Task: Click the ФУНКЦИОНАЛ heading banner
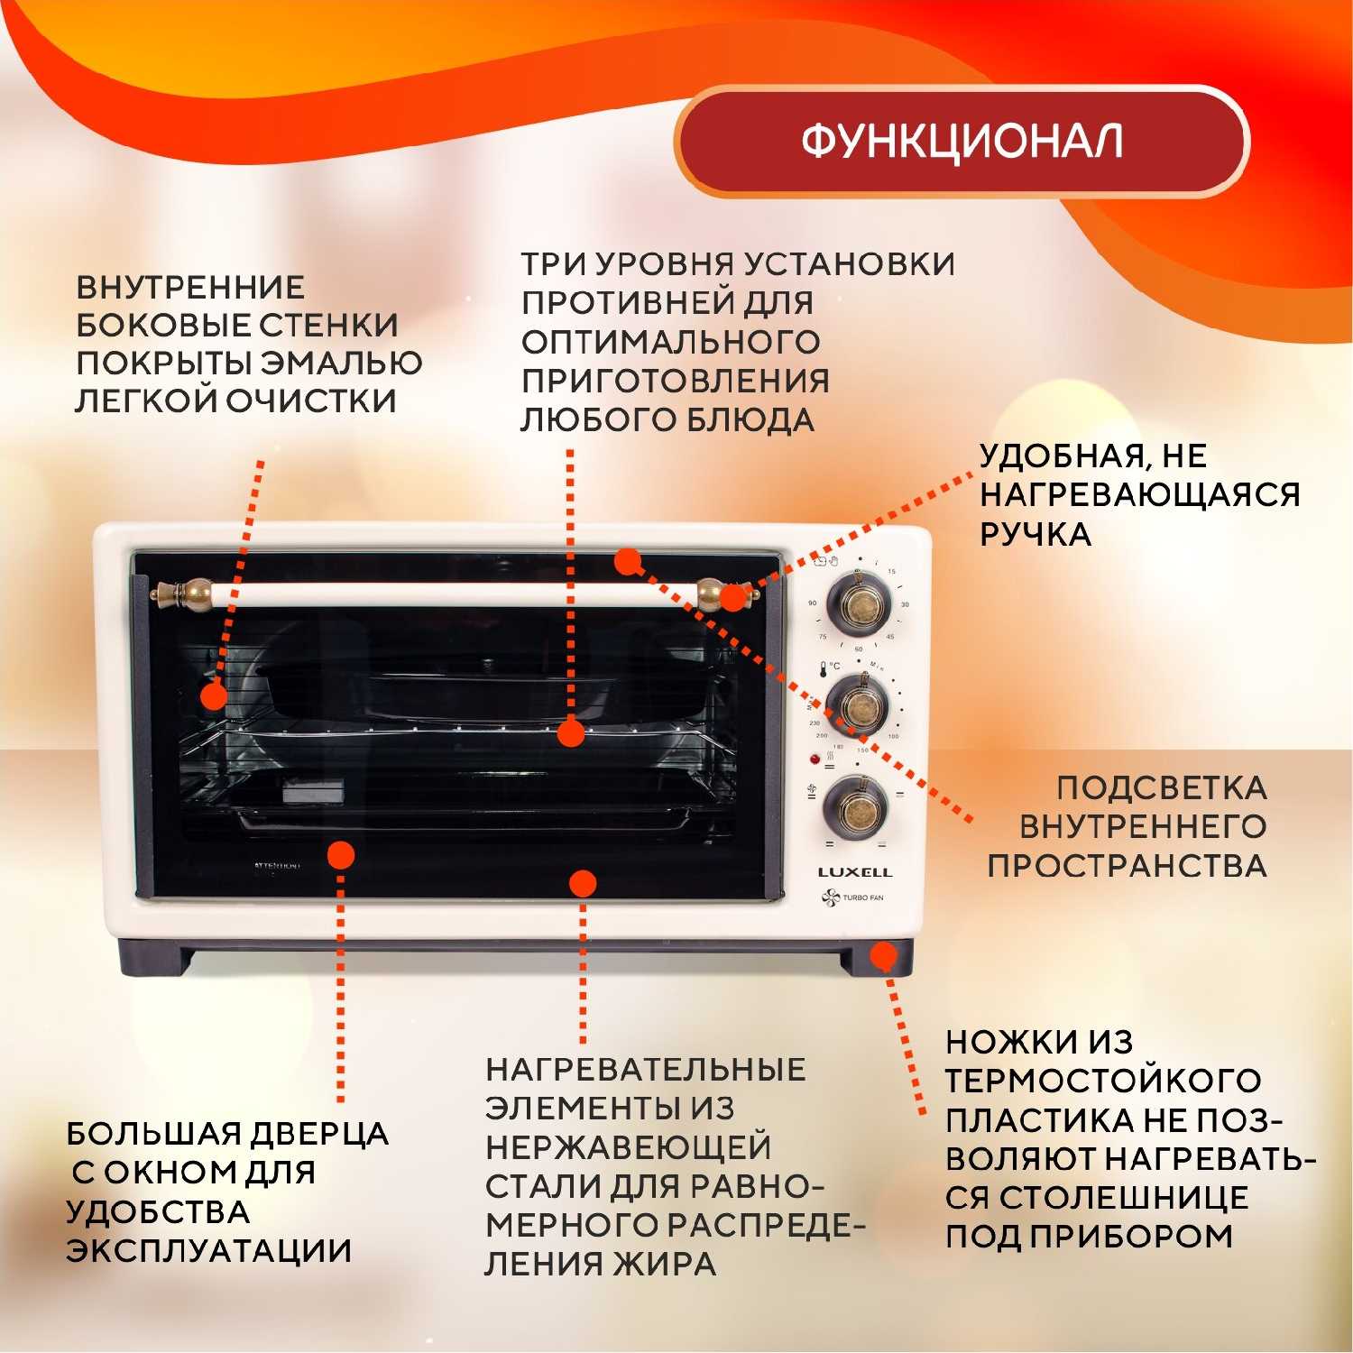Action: coord(962,142)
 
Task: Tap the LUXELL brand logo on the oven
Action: coord(854,872)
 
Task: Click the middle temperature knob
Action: coord(857,704)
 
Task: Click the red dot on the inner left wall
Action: coord(214,696)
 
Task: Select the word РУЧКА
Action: coord(1035,535)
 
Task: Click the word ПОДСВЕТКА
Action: coord(1161,787)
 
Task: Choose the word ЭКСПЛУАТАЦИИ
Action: coord(208,1250)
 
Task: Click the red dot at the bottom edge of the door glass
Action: coord(584,883)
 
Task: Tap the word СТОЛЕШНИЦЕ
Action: coord(1123,1197)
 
